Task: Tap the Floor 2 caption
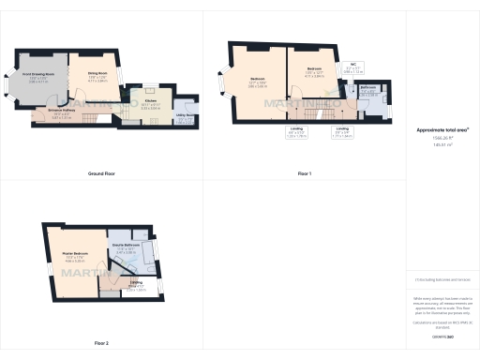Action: (x=100, y=344)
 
